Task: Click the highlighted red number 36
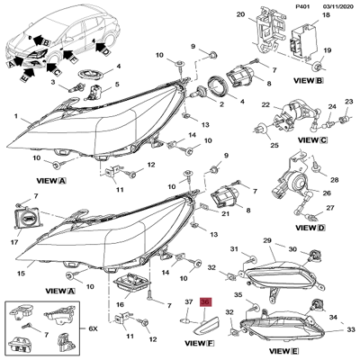point(204,302)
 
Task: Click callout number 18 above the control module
point(324,16)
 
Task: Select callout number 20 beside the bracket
point(239,16)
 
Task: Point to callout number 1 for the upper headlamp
point(15,117)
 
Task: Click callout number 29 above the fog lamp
point(266,241)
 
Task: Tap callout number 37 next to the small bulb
point(188,302)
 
